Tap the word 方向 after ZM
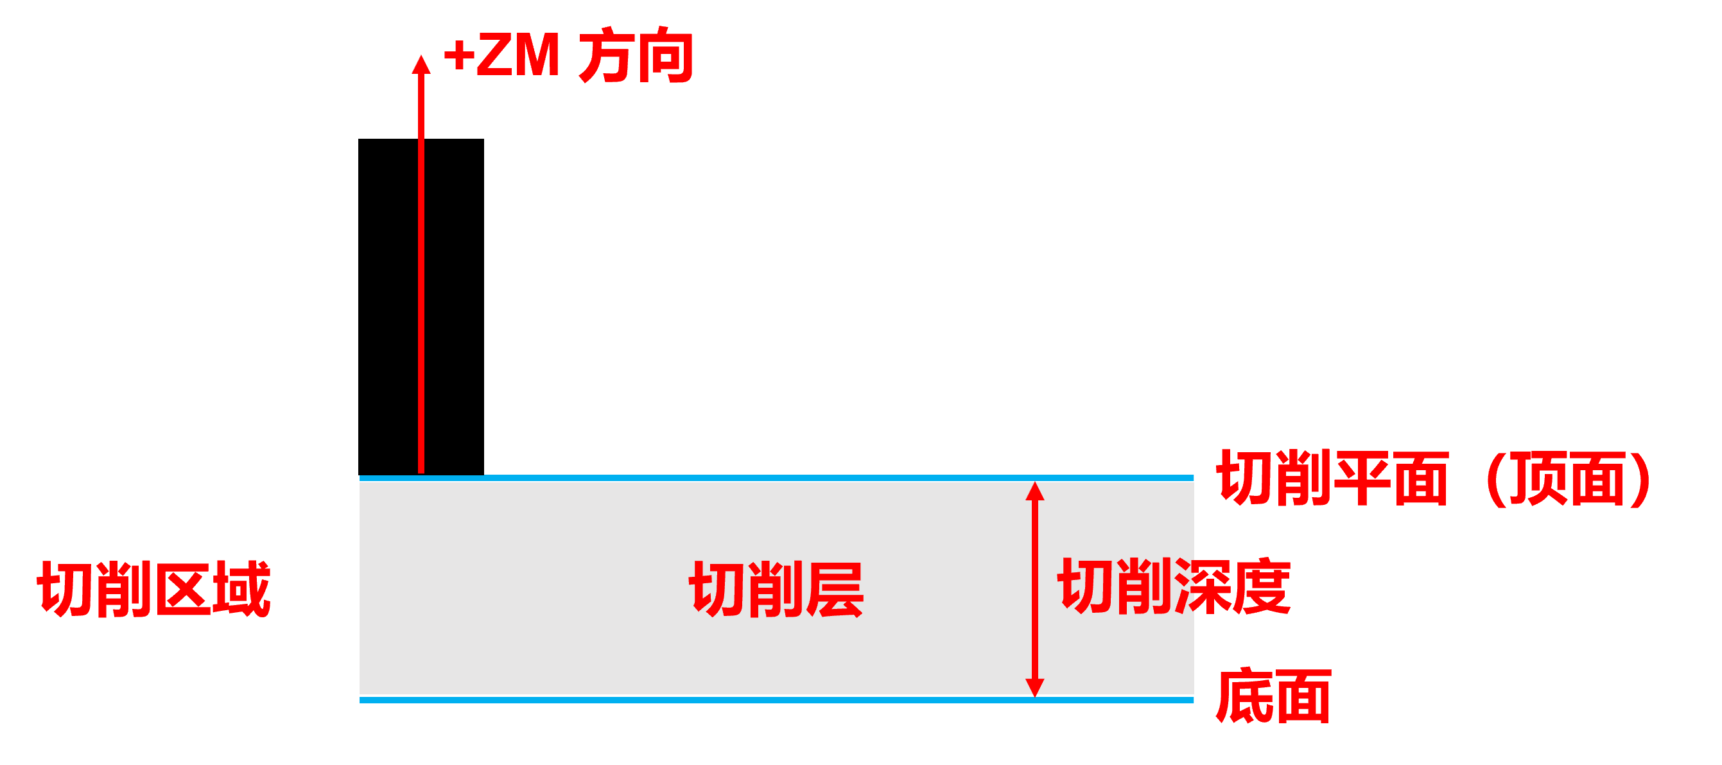(635, 55)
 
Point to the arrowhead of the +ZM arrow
(421, 64)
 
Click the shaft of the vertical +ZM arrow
(421, 267)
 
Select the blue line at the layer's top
(776, 478)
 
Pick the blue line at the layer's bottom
(776, 699)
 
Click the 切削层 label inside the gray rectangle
(776, 589)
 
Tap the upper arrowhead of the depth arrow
(1035, 491)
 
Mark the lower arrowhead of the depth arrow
(1035, 687)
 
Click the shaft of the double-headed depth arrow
(1035, 588)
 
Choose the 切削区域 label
(153, 589)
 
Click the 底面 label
(1273, 697)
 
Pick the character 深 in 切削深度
(1203, 586)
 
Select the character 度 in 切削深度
(1262, 586)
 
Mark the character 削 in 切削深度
(1144, 586)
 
